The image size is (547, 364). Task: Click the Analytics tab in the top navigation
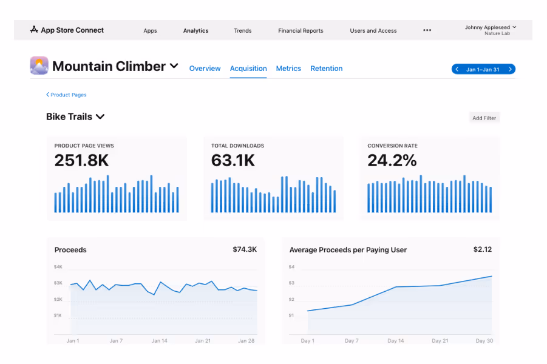coord(195,30)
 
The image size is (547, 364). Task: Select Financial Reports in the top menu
coord(301,30)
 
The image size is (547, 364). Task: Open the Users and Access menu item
coord(373,30)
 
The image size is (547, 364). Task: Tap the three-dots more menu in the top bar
coord(427,30)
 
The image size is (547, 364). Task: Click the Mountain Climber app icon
coord(39,66)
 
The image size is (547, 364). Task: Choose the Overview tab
coord(205,69)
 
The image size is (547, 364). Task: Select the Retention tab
coord(326,69)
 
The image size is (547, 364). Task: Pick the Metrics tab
coord(288,69)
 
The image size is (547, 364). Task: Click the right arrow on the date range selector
coord(510,69)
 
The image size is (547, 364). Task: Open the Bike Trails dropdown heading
coord(75,116)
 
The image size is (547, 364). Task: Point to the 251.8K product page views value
coord(81,160)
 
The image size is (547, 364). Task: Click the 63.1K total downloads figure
coord(233,160)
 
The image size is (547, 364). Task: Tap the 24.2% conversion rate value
coord(392,160)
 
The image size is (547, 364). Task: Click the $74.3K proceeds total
coord(245,249)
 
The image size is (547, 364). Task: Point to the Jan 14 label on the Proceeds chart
coord(160,341)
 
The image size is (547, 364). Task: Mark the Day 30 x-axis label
coord(484,341)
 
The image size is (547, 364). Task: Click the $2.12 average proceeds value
coord(483,249)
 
